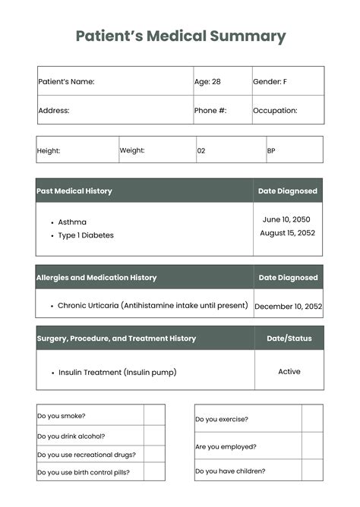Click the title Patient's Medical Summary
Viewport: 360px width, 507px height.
(181, 36)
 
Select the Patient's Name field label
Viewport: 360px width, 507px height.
(66, 81)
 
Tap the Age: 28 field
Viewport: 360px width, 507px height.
(207, 81)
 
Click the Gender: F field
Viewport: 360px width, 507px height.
(270, 81)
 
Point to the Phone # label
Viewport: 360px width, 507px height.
(210, 110)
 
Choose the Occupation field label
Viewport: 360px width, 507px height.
(275, 110)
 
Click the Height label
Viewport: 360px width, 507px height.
(49, 151)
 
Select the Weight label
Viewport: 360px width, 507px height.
(132, 150)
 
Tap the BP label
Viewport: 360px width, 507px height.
(271, 151)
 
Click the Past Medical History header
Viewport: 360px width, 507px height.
(74, 191)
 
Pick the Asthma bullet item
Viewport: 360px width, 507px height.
(72, 222)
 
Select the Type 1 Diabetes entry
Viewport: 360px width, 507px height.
(86, 235)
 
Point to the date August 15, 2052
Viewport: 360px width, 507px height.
(288, 233)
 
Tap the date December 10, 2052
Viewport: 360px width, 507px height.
(288, 307)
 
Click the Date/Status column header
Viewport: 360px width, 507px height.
(289, 339)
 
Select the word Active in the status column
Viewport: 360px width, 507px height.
(289, 372)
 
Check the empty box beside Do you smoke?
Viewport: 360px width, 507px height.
(154, 415)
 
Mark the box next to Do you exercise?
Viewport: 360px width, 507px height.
(312, 419)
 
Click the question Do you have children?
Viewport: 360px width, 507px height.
(230, 471)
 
